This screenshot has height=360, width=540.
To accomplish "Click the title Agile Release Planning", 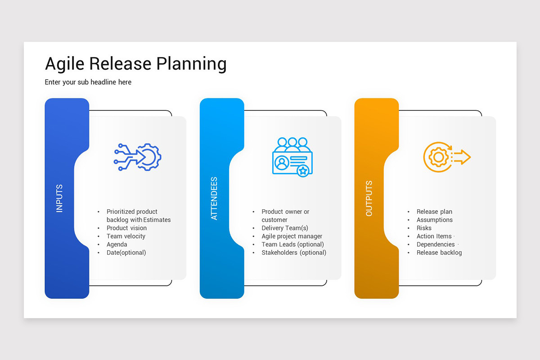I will pos(135,64).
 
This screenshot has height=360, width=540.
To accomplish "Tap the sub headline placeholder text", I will pos(88,82).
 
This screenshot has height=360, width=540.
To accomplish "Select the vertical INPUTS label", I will pos(59,198).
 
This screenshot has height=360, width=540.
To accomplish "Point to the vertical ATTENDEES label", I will pos(214,198).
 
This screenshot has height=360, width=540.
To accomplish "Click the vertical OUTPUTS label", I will pos(369,198).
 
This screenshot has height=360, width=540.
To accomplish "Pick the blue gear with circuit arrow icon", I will pos(138,157).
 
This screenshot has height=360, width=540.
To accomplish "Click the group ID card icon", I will pos(292,156).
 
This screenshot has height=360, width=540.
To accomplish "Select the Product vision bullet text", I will pos(126,228).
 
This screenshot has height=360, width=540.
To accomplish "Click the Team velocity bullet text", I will pos(126,236).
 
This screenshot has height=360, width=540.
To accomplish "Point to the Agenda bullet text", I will pos(117,244).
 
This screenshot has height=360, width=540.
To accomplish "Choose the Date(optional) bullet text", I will pos(126,252).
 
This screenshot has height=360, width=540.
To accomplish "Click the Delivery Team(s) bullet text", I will pos(285,228).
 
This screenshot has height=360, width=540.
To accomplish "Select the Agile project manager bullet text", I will pos(292,236).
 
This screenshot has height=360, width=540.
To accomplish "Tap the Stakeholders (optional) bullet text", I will pos(294,252).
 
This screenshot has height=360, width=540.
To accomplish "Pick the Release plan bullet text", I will pos(434,211).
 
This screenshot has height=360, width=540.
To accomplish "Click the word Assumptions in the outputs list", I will pos(435,220).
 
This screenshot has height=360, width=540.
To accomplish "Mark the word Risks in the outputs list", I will pos(424,228).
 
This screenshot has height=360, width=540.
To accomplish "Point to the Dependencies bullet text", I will pos(436,244).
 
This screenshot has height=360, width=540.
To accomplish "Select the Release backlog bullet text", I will pos(439,252).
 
